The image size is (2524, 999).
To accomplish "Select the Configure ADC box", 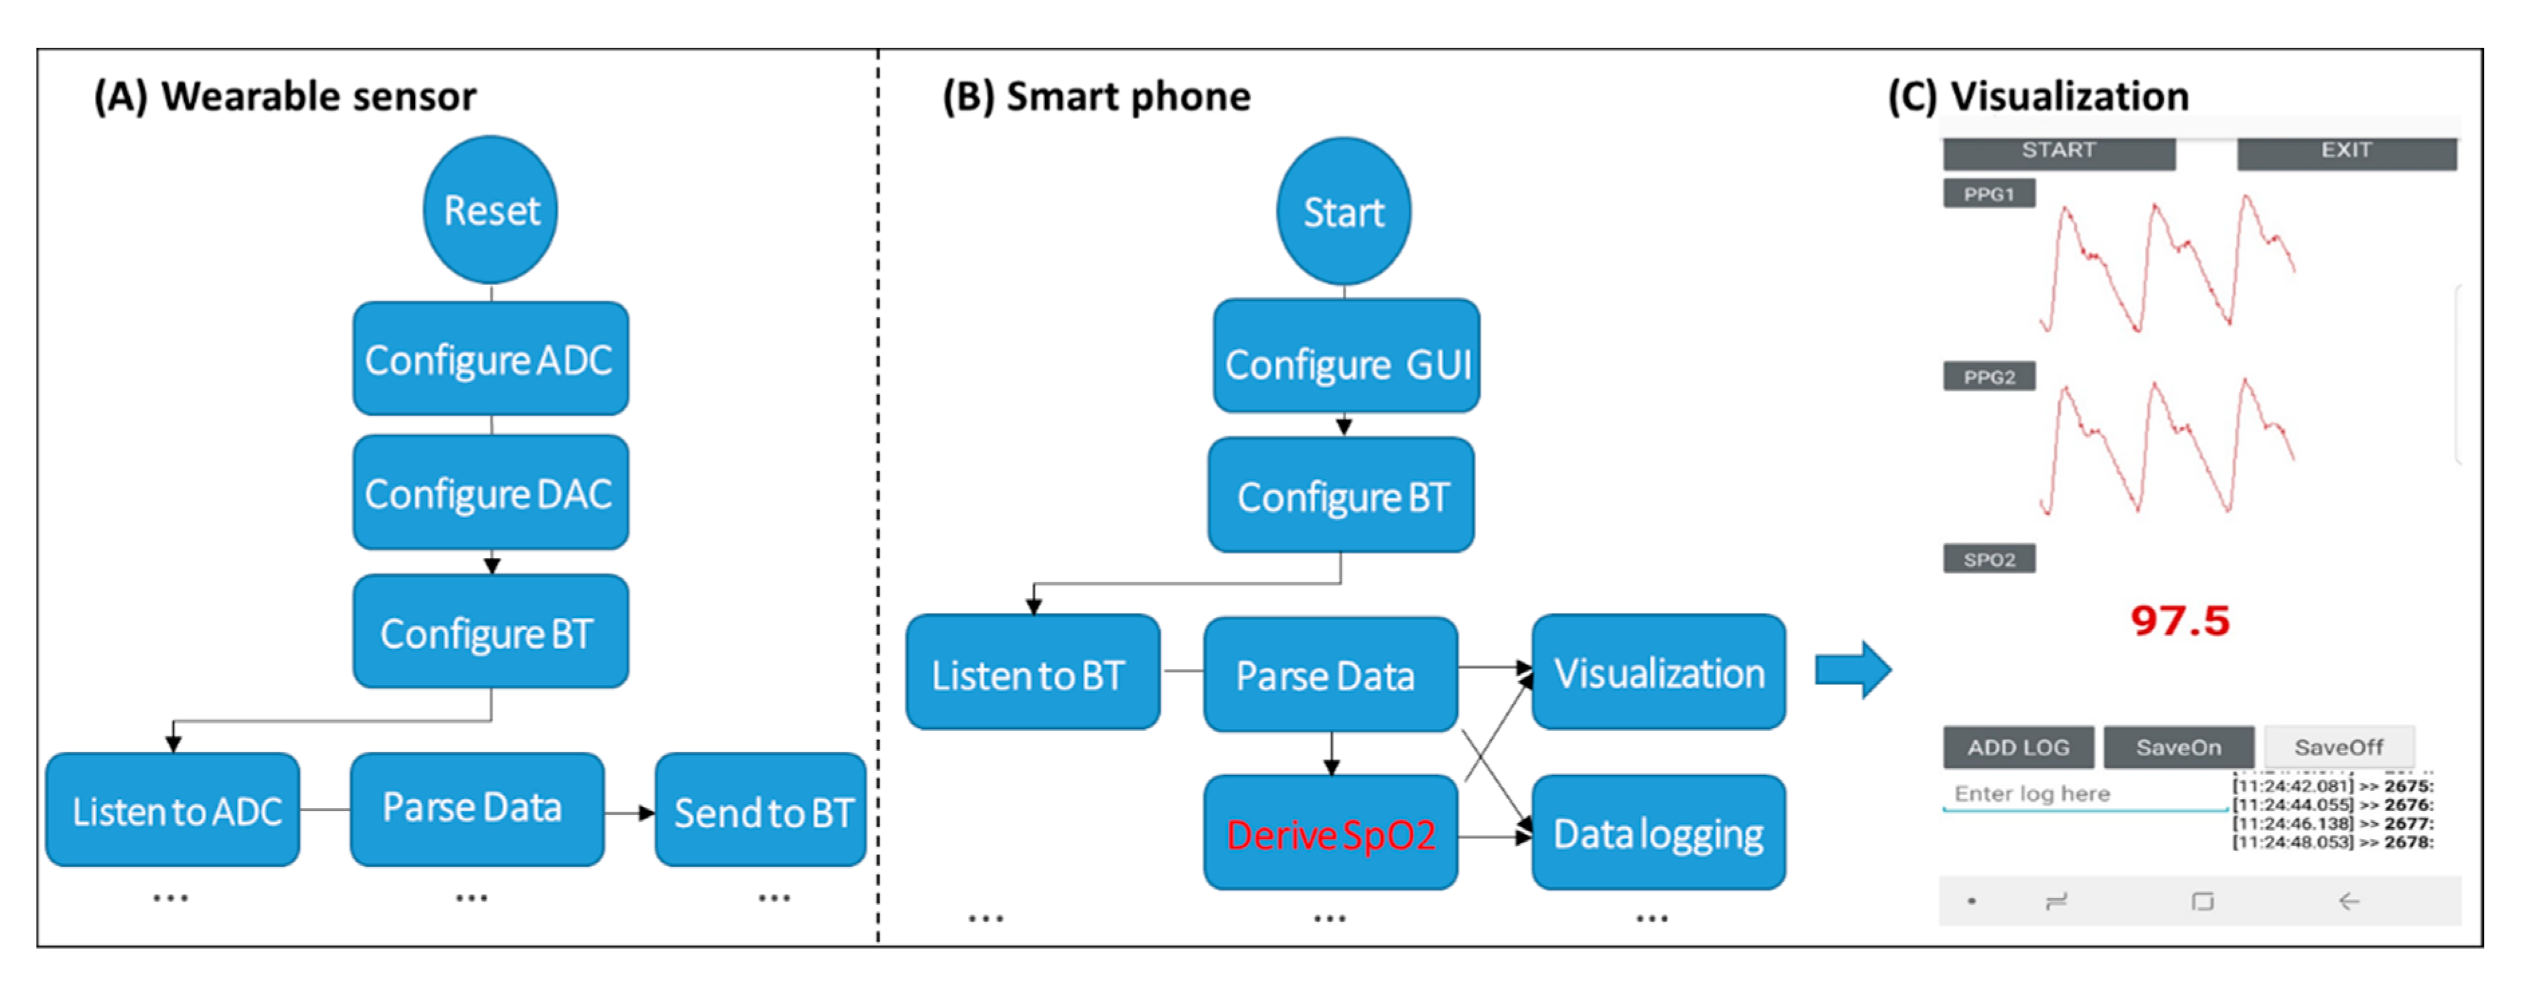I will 490,359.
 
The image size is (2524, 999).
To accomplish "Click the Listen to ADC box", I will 173,810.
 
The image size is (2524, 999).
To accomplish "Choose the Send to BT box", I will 761,810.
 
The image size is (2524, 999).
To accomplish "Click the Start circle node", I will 1343,211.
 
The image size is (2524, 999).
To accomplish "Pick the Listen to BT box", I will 1033,673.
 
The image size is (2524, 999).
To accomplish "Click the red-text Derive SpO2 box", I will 1330,834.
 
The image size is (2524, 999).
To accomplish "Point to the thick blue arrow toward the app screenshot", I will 1851,671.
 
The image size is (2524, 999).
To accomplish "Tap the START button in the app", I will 2059,153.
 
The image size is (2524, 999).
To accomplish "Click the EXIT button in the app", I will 2346,153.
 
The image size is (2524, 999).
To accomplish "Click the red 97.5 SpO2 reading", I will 2179,621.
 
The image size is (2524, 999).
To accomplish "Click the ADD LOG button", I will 2019,747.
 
